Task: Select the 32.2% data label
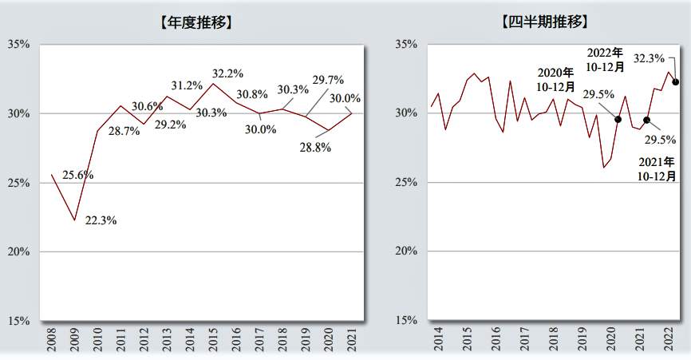pyautogui.click(x=227, y=73)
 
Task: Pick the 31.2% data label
pyautogui.click(x=188, y=86)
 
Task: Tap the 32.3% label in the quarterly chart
pyautogui.click(x=649, y=58)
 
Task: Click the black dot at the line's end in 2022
pyautogui.click(x=676, y=81)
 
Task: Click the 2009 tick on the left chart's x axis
pyautogui.click(x=74, y=340)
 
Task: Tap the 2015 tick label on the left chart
pyautogui.click(x=213, y=340)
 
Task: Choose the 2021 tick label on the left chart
pyautogui.click(x=352, y=340)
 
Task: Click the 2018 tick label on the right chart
pyautogui.click(x=554, y=340)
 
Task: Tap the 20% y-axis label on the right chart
pyautogui.click(x=406, y=251)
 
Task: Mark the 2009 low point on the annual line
pyautogui.click(x=74, y=220)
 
